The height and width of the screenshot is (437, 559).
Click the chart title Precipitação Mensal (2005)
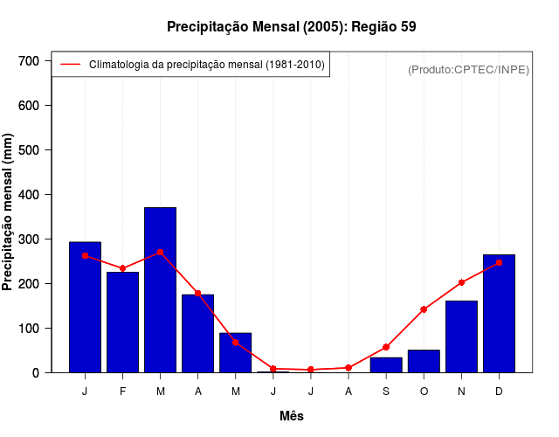tap(291, 26)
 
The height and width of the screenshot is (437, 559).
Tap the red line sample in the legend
tap(70, 64)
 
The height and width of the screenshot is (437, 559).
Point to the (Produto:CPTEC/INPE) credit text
tap(468, 69)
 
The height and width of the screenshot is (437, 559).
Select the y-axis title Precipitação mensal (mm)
tap(9, 212)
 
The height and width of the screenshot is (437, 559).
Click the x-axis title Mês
tap(292, 416)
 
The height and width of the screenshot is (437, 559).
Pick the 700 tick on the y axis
tap(30, 60)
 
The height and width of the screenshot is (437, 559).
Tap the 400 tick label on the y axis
tap(30, 194)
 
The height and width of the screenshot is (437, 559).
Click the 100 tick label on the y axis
tap(30, 328)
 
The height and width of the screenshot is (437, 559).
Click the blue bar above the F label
tap(123, 322)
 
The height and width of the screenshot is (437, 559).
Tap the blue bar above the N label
tap(461, 336)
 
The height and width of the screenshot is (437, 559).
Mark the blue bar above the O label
tap(424, 361)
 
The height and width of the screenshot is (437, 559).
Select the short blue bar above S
tap(386, 364)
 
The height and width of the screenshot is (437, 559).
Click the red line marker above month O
tap(424, 309)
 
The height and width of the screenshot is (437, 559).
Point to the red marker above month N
tap(461, 282)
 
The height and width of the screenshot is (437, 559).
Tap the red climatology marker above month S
tap(386, 347)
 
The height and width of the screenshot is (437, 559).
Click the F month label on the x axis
tap(123, 392)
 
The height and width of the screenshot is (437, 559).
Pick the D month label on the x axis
tap(499, 392)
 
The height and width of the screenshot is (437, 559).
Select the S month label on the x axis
tap(386, 392)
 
